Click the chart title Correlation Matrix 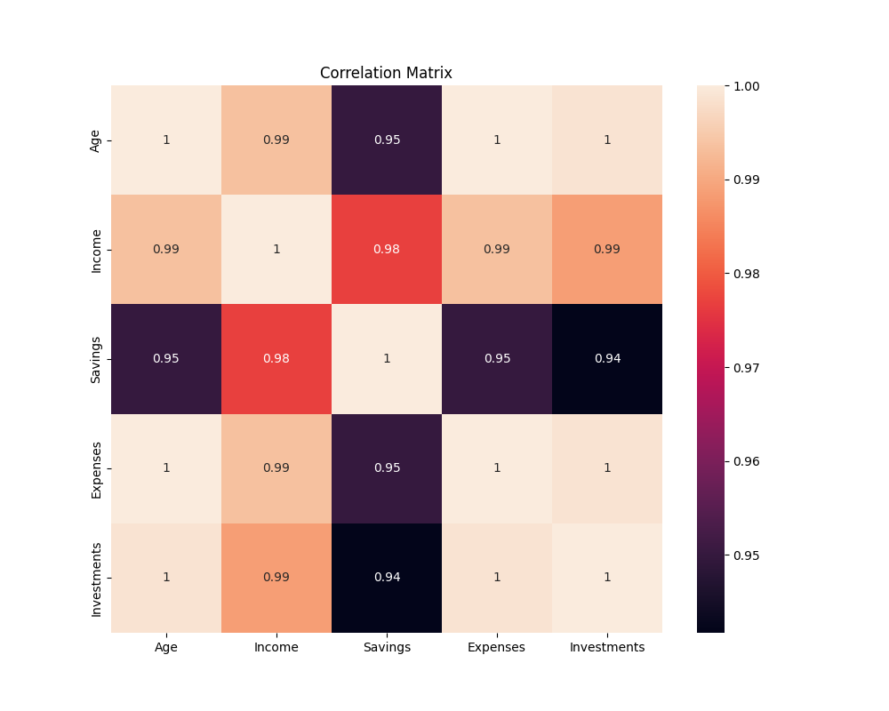point(386,73)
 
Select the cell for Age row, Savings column point(387,140)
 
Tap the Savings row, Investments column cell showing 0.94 point(607,358)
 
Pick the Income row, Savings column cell point(387,249)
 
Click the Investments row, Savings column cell point(387,577)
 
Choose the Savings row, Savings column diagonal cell point(387,358)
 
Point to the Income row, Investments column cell point(607,249)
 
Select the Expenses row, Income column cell point(276,467)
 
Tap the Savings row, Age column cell point(166,358)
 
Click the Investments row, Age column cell point(166,577)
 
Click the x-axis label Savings point(387,647)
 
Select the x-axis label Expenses point(497,647)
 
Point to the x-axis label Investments point(607,647)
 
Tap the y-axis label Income point(96,249)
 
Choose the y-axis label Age point(96,140)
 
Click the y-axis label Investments point(96,577)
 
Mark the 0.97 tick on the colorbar point(745,367)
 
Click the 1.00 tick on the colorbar point(745,86)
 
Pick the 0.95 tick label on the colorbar point(745,555)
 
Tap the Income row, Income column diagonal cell point(276,249)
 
